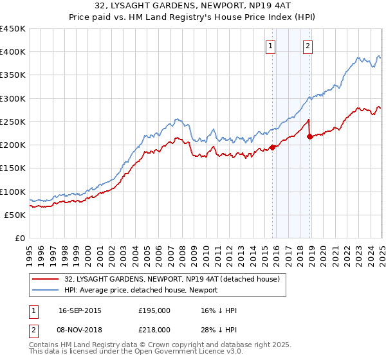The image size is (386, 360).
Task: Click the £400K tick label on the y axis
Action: pyautogui.click(x=13, y=52)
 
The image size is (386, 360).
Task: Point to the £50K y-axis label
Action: pyautogui.click(x=15, y=215)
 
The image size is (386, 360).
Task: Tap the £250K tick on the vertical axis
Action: pyautogui.click(x=13, y=122)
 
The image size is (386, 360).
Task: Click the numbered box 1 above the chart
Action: pyautogui.click(x=270, y=46)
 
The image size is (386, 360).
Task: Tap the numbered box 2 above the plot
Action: pyautogui.click(x=308, y=46)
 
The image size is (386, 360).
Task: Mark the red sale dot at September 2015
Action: pyautogui.click(x=272, y=147)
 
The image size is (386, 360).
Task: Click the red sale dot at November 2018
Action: pyautogui.click(x=309, y=136)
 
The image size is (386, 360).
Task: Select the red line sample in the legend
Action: pyautogui.click(x=46, y=280)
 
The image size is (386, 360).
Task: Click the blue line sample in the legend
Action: pyautogui.click(x=46, y=291)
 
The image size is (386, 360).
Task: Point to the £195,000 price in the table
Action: pyautogui.click(x=154, y=310)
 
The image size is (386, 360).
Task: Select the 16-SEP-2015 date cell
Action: pyautogui.click(x=80, y=310)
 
